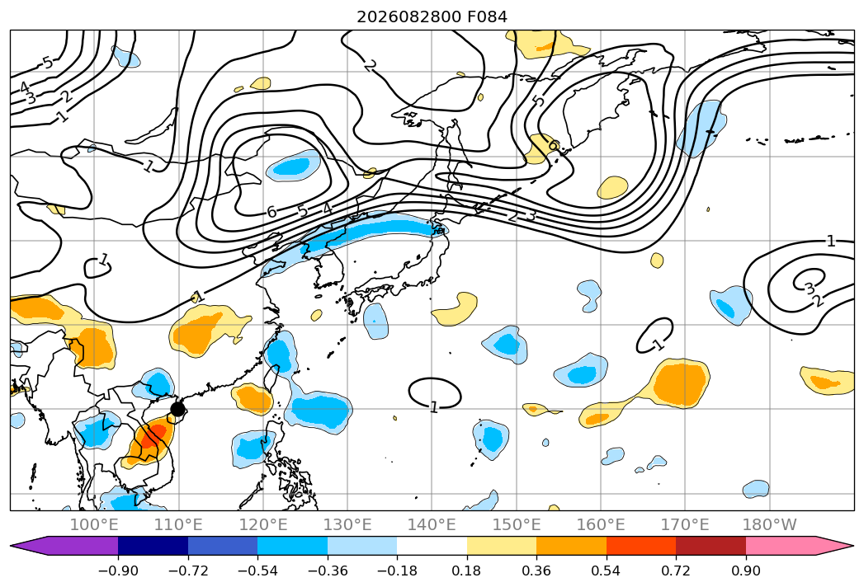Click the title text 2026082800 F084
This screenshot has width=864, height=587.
pyautogui.click(x=432, y=16)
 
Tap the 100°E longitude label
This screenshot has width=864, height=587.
pyautogui.click(x=94, y=525)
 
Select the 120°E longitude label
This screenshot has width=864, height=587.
pyautogui.click(x=263, y=525)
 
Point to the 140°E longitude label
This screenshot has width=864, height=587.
pyautogui.click(x=432, y=525)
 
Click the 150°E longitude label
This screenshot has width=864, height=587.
pyautogui.click(x=517, y=525)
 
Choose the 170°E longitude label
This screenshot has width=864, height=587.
pyautogui.click(x=685, y=525)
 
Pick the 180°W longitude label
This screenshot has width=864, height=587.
pyautogui.click(x=770, y=525)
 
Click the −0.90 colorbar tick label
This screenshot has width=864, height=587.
pyautogui.click(x=118, y=571)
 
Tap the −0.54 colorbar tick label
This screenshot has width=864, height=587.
pyautogui.click(x=257, y=571)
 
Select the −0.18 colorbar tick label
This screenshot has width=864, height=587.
pyautogui.click(x=397, y=571)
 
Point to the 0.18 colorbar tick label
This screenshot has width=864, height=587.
pyautogui.click(x=467, y=571)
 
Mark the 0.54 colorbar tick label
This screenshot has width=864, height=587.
pyautogui.click(x=607, y=571)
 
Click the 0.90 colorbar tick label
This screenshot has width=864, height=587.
pyautogui.click(x=745, y=571)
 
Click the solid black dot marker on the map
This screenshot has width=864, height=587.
pyautogui.click(x=177, y=409)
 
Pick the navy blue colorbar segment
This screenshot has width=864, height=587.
pyautogui.click(x=153, y=546)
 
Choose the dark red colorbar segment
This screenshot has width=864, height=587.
pyautogui.click(x=711, y=546)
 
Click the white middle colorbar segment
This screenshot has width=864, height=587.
pyautogui.click(x=432, y=546)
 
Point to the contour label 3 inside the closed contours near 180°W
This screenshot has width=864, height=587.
pyautogui.click(x=809, y=288)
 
